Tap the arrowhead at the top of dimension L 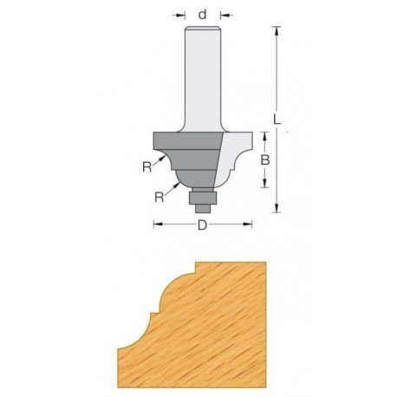[277, 30]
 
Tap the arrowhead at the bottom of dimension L [277, 208]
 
